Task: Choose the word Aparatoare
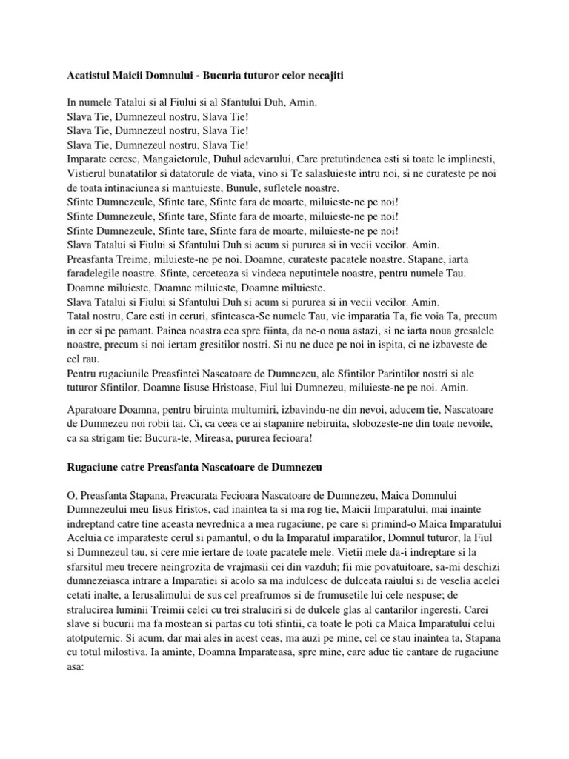(96, 409)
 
